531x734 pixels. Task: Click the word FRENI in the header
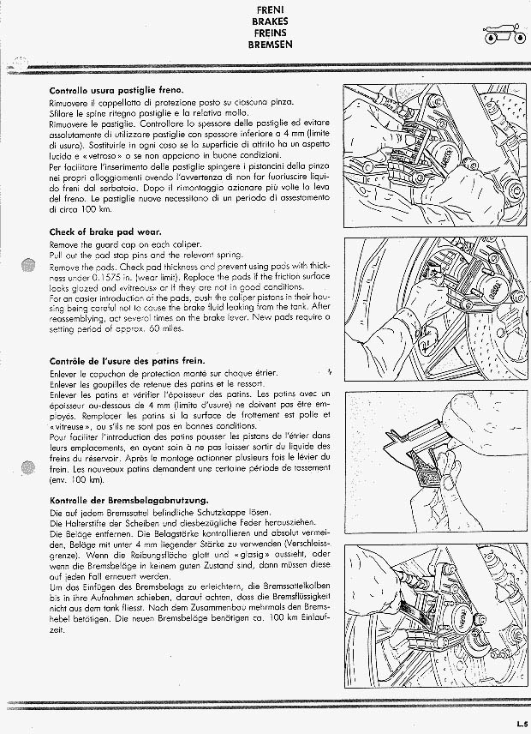pos(270,9)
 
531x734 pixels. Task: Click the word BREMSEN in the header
pos(270,45)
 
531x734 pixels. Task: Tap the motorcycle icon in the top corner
pos(504,33)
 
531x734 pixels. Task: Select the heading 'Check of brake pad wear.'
pos(105,232)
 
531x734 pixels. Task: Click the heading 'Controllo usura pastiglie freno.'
pos(116,90)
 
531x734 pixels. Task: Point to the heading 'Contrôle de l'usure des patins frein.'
pos(127,361)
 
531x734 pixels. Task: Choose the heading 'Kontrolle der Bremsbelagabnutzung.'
pos(129,501)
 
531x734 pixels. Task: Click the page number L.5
pos(522,722)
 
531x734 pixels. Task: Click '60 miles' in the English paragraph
pos(166,328)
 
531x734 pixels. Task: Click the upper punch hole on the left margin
pos(28,265)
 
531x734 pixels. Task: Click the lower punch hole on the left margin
pos(28,467)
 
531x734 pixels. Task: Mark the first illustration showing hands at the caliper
pos(435,155)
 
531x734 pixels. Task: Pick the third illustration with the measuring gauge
pos(436,462)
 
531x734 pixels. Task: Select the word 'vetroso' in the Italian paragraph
pos(98,155)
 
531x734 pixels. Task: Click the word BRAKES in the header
pos(270,21)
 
